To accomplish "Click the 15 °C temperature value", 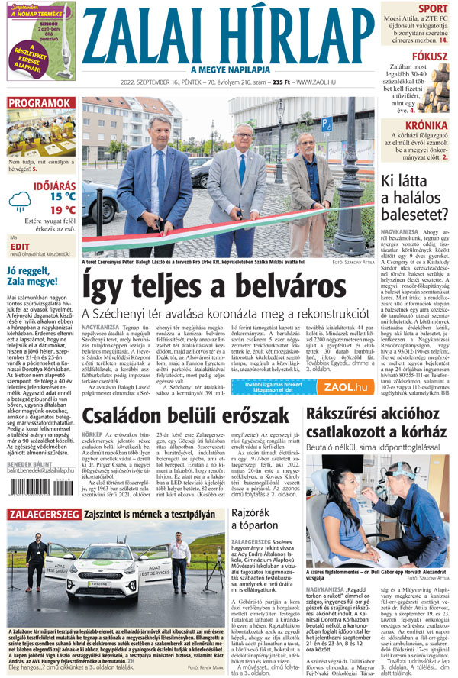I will (x=63, y=195).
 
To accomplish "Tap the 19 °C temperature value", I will (x=63, y=210).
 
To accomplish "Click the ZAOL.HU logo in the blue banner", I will (x=336, y=387).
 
